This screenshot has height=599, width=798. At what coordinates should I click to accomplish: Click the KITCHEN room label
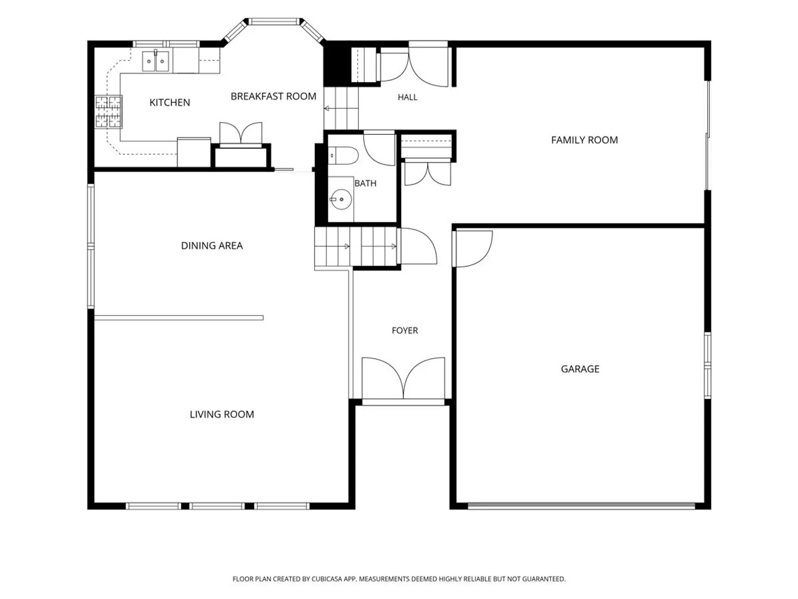(x=170, y=103)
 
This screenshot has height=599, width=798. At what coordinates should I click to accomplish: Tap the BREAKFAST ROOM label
(x=273, y=97)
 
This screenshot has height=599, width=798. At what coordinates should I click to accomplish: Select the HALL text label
(x=407, y=97)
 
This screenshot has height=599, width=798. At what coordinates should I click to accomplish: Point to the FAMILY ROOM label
(x=584, y=140)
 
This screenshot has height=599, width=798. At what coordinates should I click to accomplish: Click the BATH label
(x=365, y=183)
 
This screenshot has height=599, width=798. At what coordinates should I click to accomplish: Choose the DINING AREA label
(x=212, y=246)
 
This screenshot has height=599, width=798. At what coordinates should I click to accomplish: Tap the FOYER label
(x=405, y=330)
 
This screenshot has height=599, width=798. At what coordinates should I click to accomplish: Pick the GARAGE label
(x=580, y=369)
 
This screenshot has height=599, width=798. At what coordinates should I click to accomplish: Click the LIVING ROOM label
(x=222, y=414)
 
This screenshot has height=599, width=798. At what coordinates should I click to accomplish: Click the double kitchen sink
(x=156, y=61)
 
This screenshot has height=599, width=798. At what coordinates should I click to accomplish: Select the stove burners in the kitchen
(x=108, y=112)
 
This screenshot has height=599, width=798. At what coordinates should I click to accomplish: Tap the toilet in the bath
(x=343, y=155)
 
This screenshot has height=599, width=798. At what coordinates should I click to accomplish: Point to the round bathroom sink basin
(x=341, y=199)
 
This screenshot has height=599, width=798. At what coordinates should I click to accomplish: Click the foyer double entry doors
(x=403, y=378)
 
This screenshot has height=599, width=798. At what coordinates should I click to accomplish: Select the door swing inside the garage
(x=473, y=249)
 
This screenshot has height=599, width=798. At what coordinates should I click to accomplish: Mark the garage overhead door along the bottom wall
(x=581, y=505)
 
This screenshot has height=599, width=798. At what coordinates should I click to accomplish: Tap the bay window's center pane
(x=274, y=22)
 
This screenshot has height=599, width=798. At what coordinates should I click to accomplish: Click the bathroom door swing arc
(x=379, y=150)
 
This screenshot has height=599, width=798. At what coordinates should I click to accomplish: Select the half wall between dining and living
(x=179, y=318)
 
